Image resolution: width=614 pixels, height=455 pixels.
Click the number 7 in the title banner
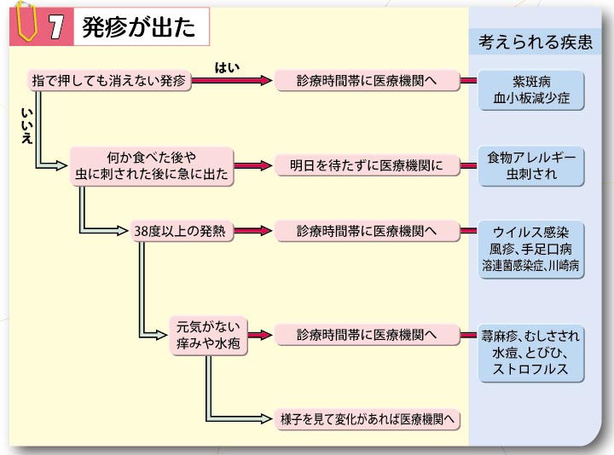click(x=56, y=27)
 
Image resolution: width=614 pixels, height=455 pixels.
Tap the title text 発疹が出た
click(x=139, y=27)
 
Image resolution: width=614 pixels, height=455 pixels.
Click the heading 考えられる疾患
click(x=536, y=42)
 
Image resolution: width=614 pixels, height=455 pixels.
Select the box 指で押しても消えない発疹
click(x=109, y=81)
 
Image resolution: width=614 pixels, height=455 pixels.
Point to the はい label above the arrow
click(x=227, y=67)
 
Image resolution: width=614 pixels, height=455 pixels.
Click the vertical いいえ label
click(x=26, y=126)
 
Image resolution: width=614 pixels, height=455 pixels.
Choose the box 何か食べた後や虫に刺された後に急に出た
click(x=152, y=166)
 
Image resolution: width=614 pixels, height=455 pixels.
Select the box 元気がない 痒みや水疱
click(x=208, y=336)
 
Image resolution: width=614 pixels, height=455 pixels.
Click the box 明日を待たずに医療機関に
click(x=367, y=165)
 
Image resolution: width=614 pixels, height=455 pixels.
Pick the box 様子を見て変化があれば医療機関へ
click(x=367, y=419)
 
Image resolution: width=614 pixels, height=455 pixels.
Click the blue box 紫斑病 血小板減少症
click(x=531, y=90)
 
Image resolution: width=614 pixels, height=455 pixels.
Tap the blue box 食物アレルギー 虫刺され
click(x=531, y=166)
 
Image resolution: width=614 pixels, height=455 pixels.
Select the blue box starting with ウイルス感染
click(x=531, y=250)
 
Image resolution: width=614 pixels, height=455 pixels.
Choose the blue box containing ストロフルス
click(x=531, y=354)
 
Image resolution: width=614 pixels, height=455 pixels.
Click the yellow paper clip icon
click(x=26, y=20)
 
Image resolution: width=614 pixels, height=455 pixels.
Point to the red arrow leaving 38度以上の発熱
click(x=253, y=231)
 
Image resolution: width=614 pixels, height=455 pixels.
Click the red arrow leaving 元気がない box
click(x=260, y=335)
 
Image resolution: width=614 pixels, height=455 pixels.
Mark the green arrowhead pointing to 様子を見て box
click(x=266, y=418)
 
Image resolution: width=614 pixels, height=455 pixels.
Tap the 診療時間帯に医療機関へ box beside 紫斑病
click(x=367, y=81)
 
